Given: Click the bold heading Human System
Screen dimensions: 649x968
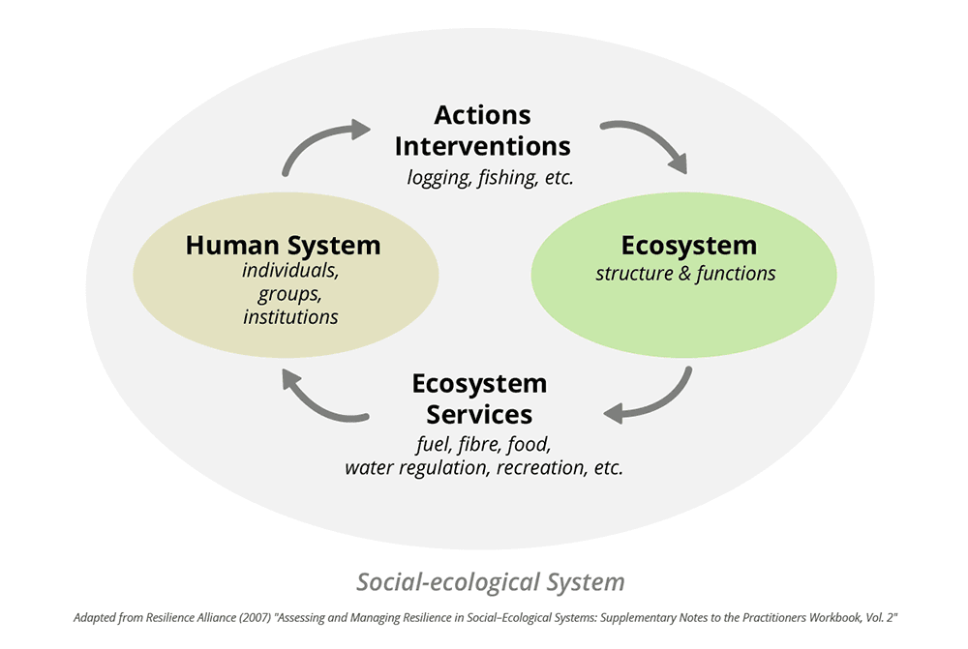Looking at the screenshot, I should pyautogui.click(x=283, y=246).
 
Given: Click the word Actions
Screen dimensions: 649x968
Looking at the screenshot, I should pyautogui.click(x=482, y=115).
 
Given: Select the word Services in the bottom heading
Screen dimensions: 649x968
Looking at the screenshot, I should pyautogui.click(x=479, y=415).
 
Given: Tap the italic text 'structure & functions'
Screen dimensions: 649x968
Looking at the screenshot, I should pyautogui.click(x=685, y=274).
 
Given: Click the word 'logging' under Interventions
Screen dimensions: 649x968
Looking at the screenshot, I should pyautogui.click(x=438, y=178).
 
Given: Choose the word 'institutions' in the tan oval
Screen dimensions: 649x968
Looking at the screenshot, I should pyautogui.click(x=290, y=316).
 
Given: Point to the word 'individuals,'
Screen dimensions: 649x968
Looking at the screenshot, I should pyautogui.click(x=290, y=270).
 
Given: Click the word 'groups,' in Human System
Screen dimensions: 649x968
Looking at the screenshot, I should pyautogui.click(x=287, y=294).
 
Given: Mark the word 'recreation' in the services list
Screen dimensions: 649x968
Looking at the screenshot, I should pyautogui.click(x=540, y=468).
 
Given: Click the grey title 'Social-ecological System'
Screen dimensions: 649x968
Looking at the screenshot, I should pyautogui.click(x=490, y=582).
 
